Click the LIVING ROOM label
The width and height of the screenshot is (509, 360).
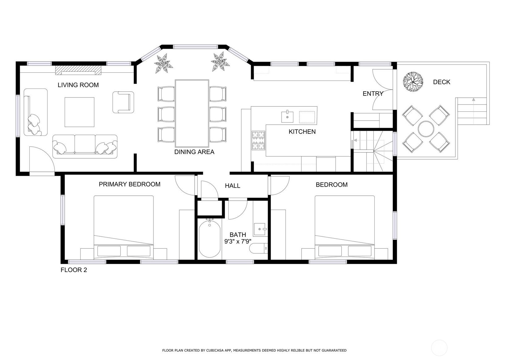[x=78, y=85]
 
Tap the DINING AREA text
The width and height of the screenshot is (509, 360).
[x=194, y=152]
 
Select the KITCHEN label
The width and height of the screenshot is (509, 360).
[x=302, y=132]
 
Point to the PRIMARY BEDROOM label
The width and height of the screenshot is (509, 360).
[x=129, y=184]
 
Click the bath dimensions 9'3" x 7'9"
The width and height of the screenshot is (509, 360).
[x=238, y=242]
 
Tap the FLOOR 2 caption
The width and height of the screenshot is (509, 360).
[x=74, y=270]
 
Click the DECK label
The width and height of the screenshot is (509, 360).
[x=442, y=82]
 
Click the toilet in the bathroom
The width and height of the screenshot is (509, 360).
[x=258, y=248]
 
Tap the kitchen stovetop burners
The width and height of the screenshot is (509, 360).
[x=258, y=140]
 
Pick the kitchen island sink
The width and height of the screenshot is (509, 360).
[x=287, y=117]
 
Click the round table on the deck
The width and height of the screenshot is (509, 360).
[x=426, y=129]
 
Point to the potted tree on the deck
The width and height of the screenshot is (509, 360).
[x=413, y=82]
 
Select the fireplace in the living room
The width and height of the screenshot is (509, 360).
[x=78, y=70]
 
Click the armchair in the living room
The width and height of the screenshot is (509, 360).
[x=123, y=102]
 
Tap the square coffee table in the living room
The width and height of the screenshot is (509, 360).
[x=79, y=112]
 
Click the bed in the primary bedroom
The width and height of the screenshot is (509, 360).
[x=124, y=227]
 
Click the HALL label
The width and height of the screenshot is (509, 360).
[x=232, y=186]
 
